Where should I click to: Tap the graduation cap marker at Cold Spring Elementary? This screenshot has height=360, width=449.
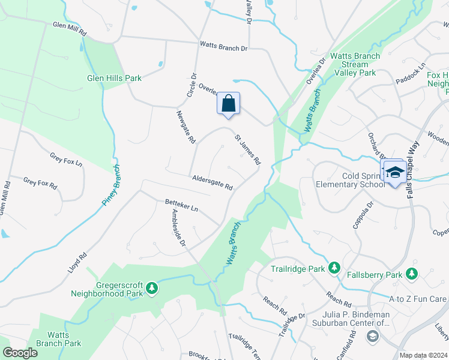pos(394,173)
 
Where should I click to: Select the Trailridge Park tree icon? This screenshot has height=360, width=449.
pos(334,267)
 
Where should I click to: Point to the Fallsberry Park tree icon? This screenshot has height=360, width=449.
pos(411,274)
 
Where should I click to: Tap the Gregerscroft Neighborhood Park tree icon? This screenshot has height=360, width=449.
pos(152,288)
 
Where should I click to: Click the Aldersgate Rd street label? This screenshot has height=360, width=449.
pos(212,182)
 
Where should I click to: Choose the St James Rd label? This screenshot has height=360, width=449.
pos(248,149)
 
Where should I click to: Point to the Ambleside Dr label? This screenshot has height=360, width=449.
pos(179,229)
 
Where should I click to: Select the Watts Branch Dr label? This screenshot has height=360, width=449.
pos(223,47)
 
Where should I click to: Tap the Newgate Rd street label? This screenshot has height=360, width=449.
pos(186,127)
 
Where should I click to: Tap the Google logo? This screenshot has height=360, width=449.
pos(20,353)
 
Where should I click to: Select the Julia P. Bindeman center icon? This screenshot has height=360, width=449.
pos(372,335)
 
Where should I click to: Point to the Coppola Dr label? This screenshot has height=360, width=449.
pos(364,215)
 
